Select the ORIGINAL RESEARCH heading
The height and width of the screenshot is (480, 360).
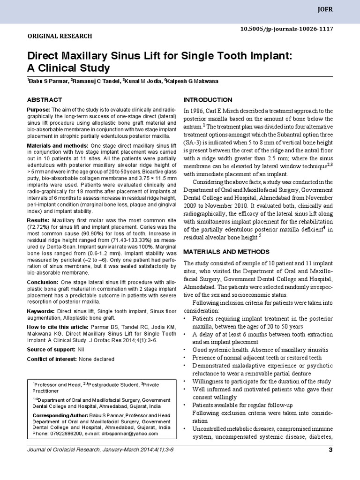click(60, 36)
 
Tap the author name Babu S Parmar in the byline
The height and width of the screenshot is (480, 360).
click(49, 81)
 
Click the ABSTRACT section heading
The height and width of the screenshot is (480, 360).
click(45, 100)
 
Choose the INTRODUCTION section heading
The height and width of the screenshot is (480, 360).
click(208, 100)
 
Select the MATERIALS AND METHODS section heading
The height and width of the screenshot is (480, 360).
click(224, 252)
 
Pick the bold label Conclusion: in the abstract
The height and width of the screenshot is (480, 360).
click(43, 282)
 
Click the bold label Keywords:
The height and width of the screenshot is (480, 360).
click(41, 311)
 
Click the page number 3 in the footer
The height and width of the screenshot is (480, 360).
click(330, 451)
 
